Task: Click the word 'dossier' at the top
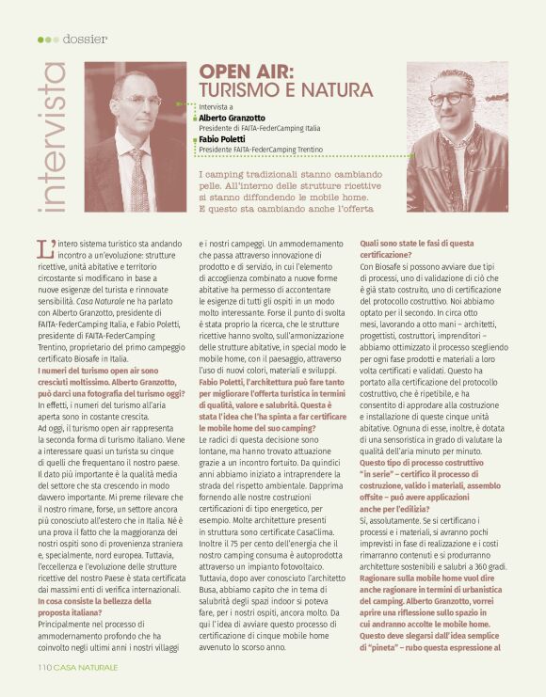(x=86, y=39)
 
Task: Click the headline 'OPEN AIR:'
(x=246, y=73)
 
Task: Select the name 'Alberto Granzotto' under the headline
(x=232, y=118)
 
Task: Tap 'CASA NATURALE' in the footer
(x=86, y=667)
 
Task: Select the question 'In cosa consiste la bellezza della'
(x=94, y=574)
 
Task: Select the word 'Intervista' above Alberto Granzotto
(x=219, y=108)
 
